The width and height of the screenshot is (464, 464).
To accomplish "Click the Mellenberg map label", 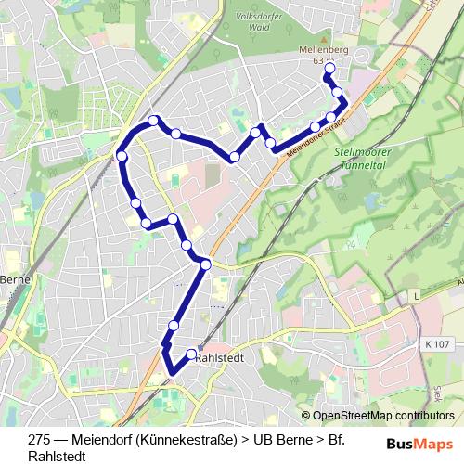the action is coord(322,49).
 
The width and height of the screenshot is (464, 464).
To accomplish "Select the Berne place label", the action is coord(16,279).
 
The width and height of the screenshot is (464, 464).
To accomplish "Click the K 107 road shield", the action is coord(437,344).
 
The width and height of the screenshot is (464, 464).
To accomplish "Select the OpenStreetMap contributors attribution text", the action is coord(383,416).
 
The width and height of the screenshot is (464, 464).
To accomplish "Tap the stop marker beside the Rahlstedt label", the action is coord(192,354).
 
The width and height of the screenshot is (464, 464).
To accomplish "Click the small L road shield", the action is coord(418,294).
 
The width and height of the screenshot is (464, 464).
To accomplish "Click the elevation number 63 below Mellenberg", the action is coord(319,60).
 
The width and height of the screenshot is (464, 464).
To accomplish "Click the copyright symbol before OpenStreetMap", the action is coord(305,416).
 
